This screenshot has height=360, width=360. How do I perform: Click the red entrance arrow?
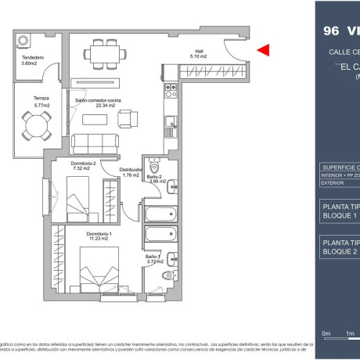264,50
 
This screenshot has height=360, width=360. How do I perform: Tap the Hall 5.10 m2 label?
200,55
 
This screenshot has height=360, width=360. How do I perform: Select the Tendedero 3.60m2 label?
31,60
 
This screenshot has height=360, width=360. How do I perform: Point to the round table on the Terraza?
34,123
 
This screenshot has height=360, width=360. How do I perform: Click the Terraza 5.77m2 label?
31,99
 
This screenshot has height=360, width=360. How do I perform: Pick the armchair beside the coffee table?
124,118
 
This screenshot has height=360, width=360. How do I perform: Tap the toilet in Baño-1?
167,275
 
